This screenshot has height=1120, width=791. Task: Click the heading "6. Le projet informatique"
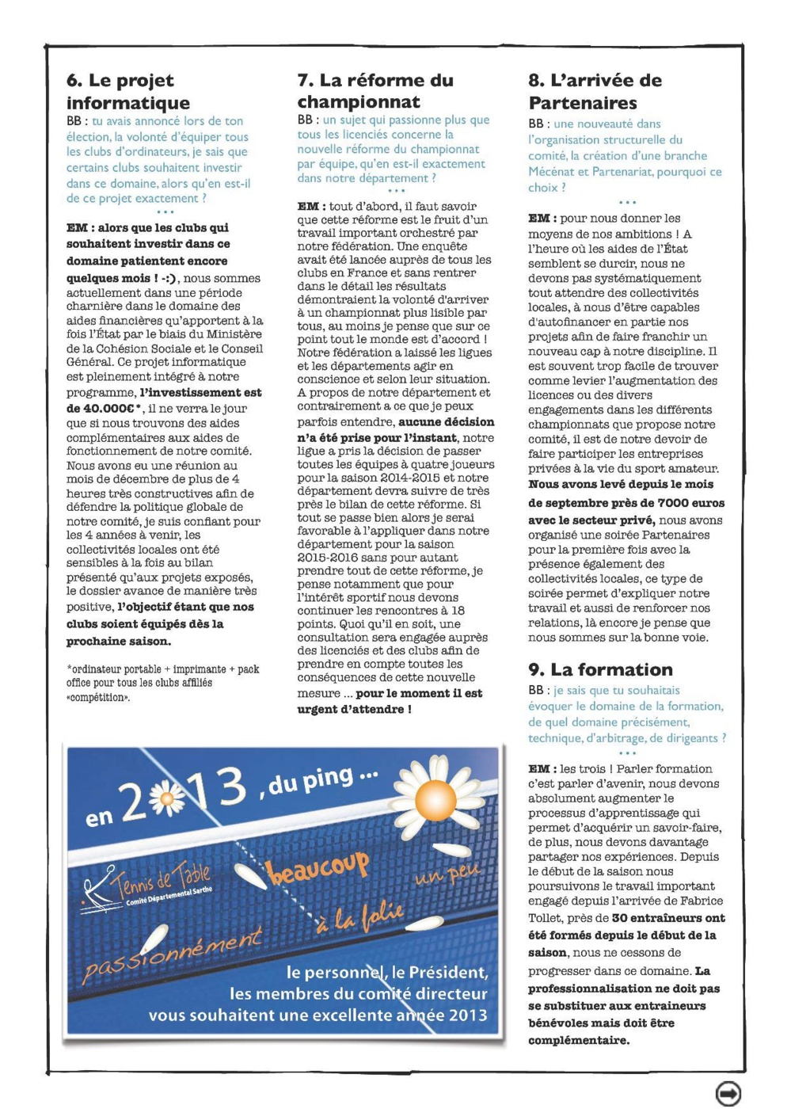pyautogui.click(x=128, y=91)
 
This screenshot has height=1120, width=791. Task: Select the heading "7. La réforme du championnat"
pyautogui.click(x=375, y=90)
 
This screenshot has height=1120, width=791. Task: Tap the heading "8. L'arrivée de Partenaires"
pyautogui.click(x=595, y=91)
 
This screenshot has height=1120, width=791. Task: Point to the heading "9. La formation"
pyautogui.click(x=600, y=669)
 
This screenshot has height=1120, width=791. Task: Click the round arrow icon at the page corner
pyautogui.click(x=728, y=1093)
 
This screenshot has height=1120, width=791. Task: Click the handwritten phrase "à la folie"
pyautogui.click(x=360, y=919)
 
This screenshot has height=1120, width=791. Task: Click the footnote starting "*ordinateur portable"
pyautogui.click(x=162, y=683)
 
